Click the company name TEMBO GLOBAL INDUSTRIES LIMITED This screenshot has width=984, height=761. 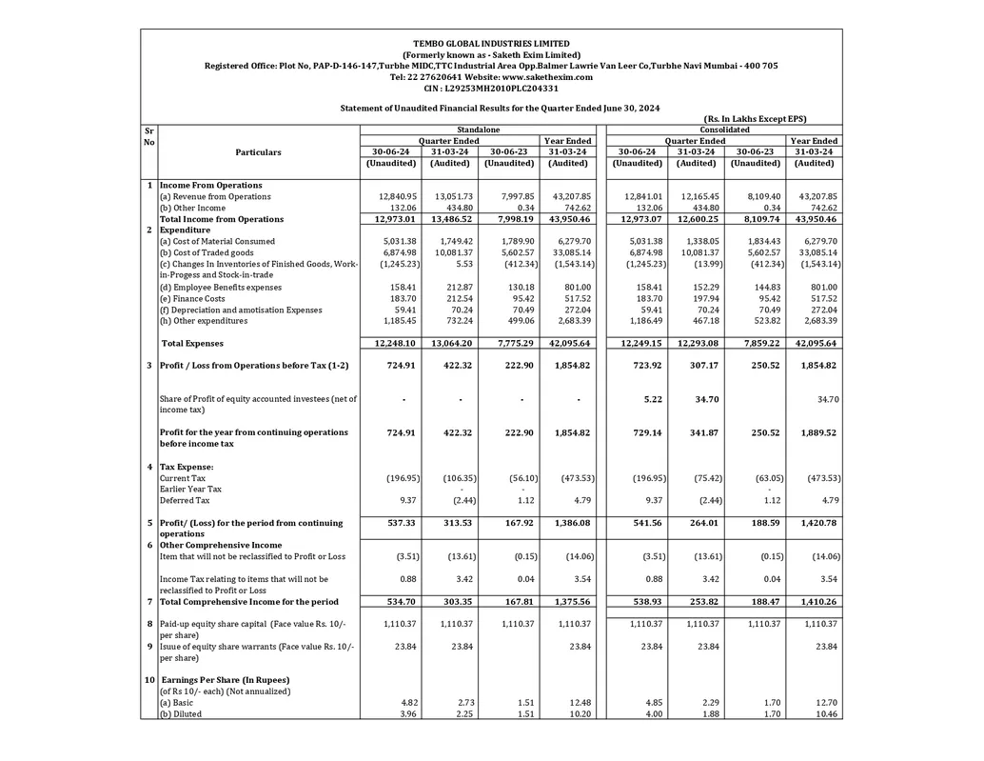(x=491, y=44)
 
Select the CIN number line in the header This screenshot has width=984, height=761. (x=491, y=88)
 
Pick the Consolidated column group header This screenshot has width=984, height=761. (x=724, y=130)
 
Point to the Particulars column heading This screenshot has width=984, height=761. (x=259, y=151)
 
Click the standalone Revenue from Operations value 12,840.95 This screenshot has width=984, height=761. (x=387, y=196)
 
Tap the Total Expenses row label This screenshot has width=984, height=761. (x=193, y=343)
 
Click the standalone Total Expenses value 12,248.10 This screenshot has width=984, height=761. (x=387, y=343)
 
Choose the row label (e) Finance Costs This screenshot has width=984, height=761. (x=193, y=298)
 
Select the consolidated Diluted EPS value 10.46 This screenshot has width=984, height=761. (x=826, y=713)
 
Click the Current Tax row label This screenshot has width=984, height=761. (x=183, y=478)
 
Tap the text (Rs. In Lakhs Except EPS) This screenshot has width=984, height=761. (x=756, y=119)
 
